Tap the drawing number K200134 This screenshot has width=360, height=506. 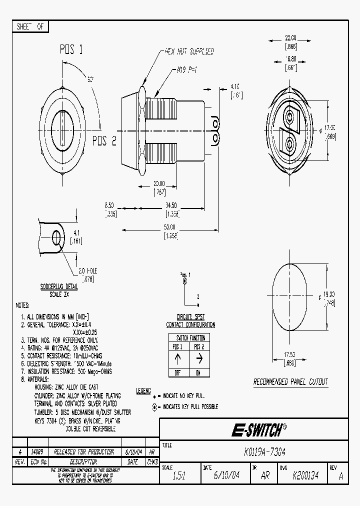(306, 476)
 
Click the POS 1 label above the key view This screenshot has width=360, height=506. (71, 49)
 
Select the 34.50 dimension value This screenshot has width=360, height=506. (170, 205)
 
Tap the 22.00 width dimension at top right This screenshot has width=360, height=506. (290, 38)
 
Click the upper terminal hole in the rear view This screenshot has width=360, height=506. (289, 117)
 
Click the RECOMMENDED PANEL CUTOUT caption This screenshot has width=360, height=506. (290, 382)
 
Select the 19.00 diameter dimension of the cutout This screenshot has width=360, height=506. (328, 295)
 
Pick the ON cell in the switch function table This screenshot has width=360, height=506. (198, 372)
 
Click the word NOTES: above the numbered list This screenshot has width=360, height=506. (23, 305)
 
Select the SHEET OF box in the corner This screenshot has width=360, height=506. (30, 27)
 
